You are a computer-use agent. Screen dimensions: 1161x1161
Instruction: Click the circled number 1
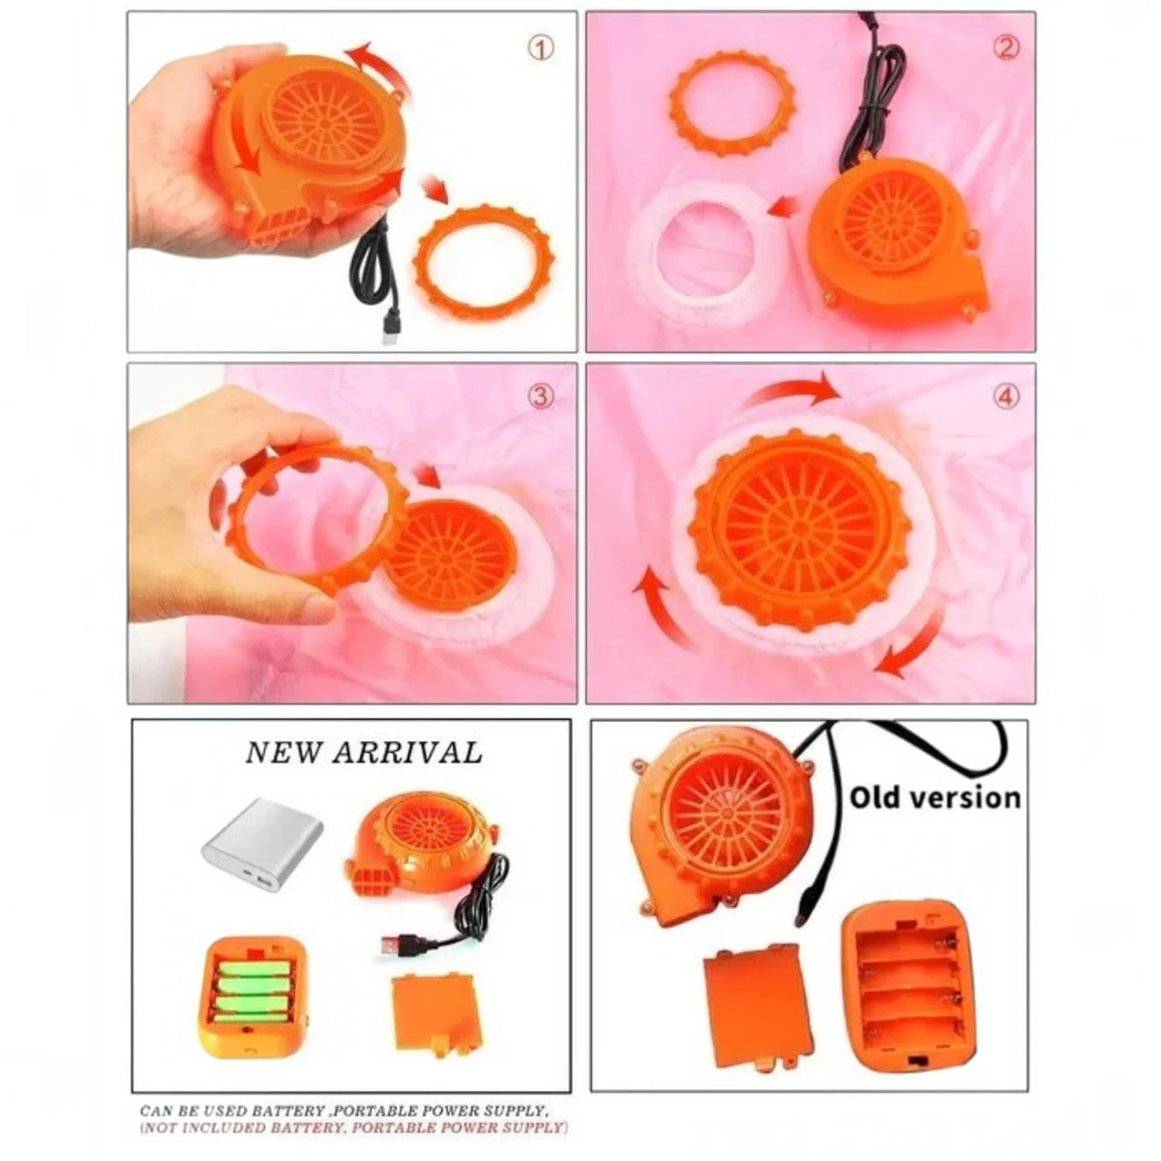[x=541, y=48]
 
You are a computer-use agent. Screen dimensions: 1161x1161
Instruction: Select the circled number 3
[x=541, y=397]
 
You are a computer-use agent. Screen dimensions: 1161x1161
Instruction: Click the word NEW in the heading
[x=283, y=753]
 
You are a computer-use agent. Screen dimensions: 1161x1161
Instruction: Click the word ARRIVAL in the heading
[x=408, y=753]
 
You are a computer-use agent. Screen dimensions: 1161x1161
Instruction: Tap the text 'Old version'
[x=935, y=797]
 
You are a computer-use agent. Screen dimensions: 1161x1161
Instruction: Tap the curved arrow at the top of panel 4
[x=790, y=392]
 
